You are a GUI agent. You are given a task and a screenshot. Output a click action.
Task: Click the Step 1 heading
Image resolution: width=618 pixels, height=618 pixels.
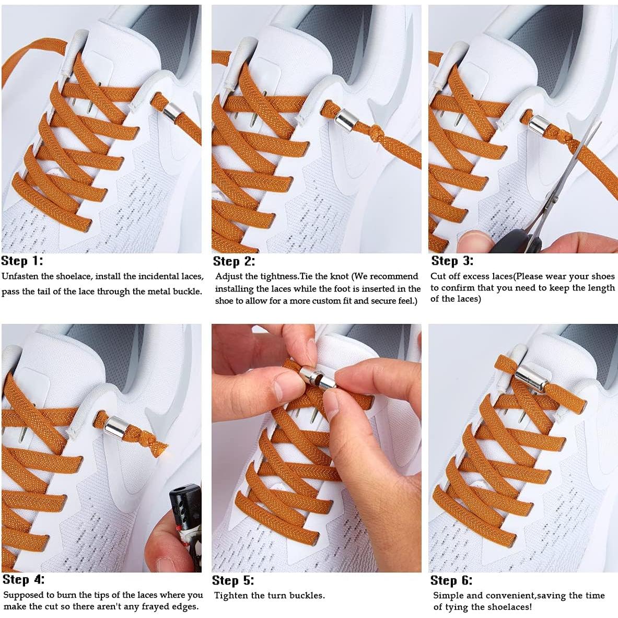coord(22,261)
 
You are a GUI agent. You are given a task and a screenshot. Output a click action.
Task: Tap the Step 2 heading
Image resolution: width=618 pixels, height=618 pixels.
coord(234,261)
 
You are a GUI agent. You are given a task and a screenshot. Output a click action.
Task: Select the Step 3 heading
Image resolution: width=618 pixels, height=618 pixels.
coord(452,261)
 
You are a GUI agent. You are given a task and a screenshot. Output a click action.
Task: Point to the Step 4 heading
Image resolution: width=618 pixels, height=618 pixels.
coord(24,579)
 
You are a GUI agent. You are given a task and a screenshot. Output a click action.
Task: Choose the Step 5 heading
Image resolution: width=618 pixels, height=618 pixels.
coord(233,580)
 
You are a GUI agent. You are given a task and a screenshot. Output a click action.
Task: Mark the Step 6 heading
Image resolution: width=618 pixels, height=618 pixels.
coord(451,580)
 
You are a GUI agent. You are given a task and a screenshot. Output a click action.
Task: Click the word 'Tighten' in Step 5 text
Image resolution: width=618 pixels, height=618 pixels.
coord(231,596)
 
